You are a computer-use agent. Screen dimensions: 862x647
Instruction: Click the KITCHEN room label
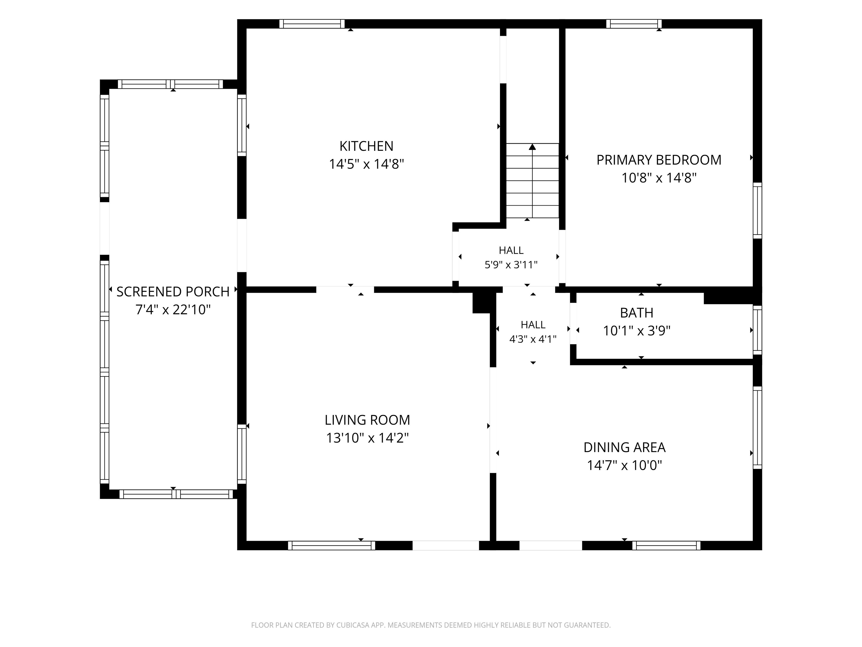click(366, 146)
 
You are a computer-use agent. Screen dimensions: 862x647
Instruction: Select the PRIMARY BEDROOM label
click(659, 160)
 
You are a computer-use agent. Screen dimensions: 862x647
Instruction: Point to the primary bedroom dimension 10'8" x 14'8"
click(659, 178)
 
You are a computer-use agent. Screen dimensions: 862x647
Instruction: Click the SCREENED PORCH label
click(173, 292)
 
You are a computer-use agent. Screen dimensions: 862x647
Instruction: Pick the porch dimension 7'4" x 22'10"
click(173, 310)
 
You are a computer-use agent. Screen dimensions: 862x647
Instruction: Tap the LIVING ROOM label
click(367, 420)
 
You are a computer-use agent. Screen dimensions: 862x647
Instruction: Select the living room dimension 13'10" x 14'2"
click(367, 438)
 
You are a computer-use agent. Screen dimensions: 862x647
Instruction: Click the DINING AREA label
click(624, 447)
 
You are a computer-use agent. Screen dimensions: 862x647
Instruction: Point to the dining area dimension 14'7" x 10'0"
click(624, 465)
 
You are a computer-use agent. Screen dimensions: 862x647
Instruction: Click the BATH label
click(637, 313)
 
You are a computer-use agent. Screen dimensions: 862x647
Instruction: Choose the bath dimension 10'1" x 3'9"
click(637, 331)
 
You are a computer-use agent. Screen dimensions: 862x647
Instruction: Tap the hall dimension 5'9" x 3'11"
click(511, 265)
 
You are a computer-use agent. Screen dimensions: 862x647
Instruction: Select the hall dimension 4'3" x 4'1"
click(533, 339)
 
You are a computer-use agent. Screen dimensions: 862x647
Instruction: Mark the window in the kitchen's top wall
click(312, 24)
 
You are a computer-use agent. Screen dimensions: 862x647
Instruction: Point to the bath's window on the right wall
click(757, 330)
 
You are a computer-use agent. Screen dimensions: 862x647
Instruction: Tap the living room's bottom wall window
click(331, 545)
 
